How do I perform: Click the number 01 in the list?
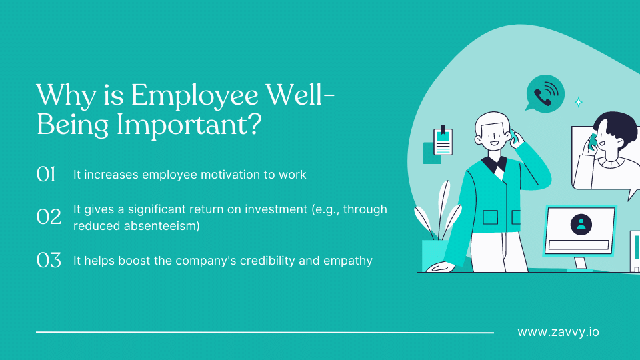[x=46, y=175]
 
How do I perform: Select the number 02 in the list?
[x=48, y=216]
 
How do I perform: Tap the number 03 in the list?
[x=48, y=260]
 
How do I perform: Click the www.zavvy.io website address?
[x=558, y=331]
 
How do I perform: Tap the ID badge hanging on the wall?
[x=443, y=141]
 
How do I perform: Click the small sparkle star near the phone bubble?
[x=579, y=102]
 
